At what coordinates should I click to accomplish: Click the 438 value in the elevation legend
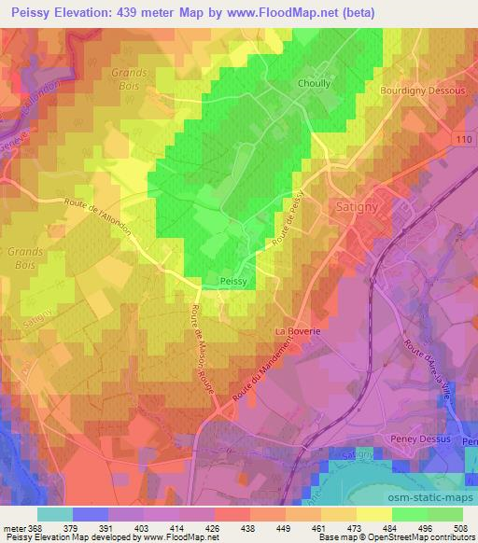[250, 526]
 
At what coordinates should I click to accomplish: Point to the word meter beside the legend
[15, 526]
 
